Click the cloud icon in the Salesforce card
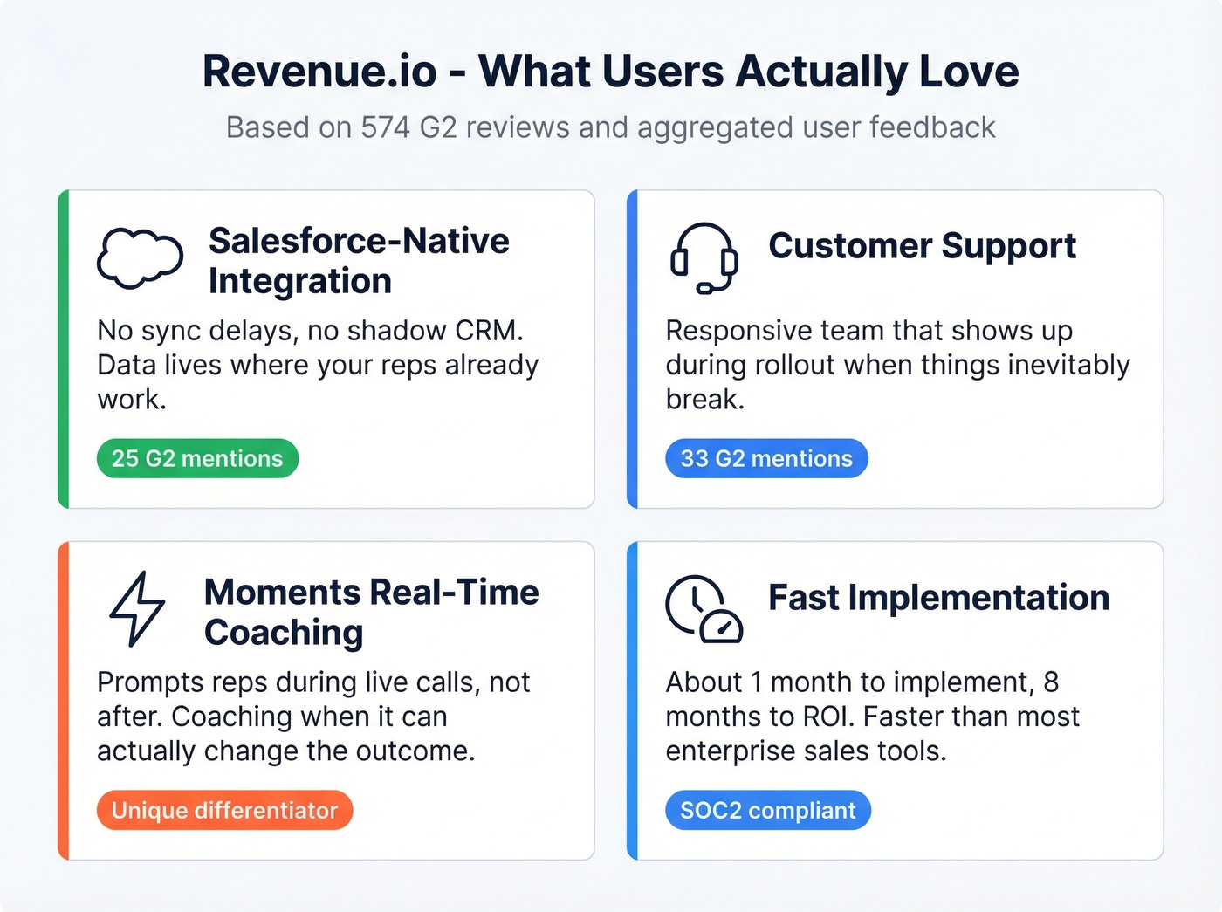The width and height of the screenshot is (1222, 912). pyautogui.click(x=140, y=258)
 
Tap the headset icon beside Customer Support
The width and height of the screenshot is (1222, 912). pyautogui.click(x=704, y=258)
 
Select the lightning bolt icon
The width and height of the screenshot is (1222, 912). pyautogui.click(x=137, y=609)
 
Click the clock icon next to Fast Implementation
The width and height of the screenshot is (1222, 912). pyautogui.click(x=704, y=609)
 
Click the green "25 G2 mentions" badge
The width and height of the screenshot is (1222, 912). pyautogui.click(x=197, y=458)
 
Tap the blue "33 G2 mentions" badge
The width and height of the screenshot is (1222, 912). pyautogui.click(x=766, y=458)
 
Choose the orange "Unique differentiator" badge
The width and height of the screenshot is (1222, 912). pyautogui.click(x=224, y=810)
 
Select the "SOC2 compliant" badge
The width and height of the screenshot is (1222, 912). pyautogui.click(x=767, y=810)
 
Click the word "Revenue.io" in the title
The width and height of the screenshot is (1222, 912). pyautogui.click(x=319, y=72)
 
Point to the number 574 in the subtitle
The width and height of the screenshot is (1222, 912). pyautogui.click(x=385, y=127)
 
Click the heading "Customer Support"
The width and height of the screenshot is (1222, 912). pyautogui.click(x=922, y=246)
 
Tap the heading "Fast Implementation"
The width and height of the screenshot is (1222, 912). pyautogui.click(x=938, y=598)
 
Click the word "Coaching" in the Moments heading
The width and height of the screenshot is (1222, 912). pyautogui.click(x=284, y=633)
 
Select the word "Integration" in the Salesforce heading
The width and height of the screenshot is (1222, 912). pyautogui.click(x=300, y=281)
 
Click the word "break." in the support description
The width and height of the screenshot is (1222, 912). pyautogui.click(x=704, y=399)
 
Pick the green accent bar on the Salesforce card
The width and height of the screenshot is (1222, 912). pyautogui.click(x=63, y=349)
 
